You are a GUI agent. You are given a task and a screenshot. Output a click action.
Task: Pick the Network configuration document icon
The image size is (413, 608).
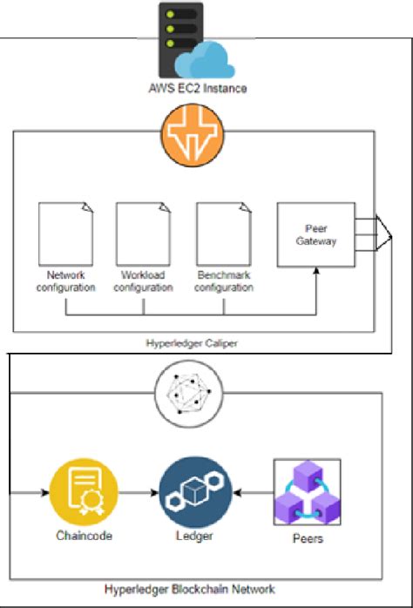(65, 233)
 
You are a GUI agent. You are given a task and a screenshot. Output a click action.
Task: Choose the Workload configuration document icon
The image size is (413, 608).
(143, 233)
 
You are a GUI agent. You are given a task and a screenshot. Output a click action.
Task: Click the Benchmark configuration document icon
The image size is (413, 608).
(224, 233)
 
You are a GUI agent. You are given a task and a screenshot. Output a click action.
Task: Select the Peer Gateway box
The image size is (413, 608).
(315, 233)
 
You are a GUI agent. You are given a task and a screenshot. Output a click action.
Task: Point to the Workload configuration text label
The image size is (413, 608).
(144, 280)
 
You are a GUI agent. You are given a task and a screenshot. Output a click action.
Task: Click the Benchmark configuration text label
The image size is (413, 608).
(224, 280)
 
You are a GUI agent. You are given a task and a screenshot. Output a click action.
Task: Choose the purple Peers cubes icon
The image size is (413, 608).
(306, 492)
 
